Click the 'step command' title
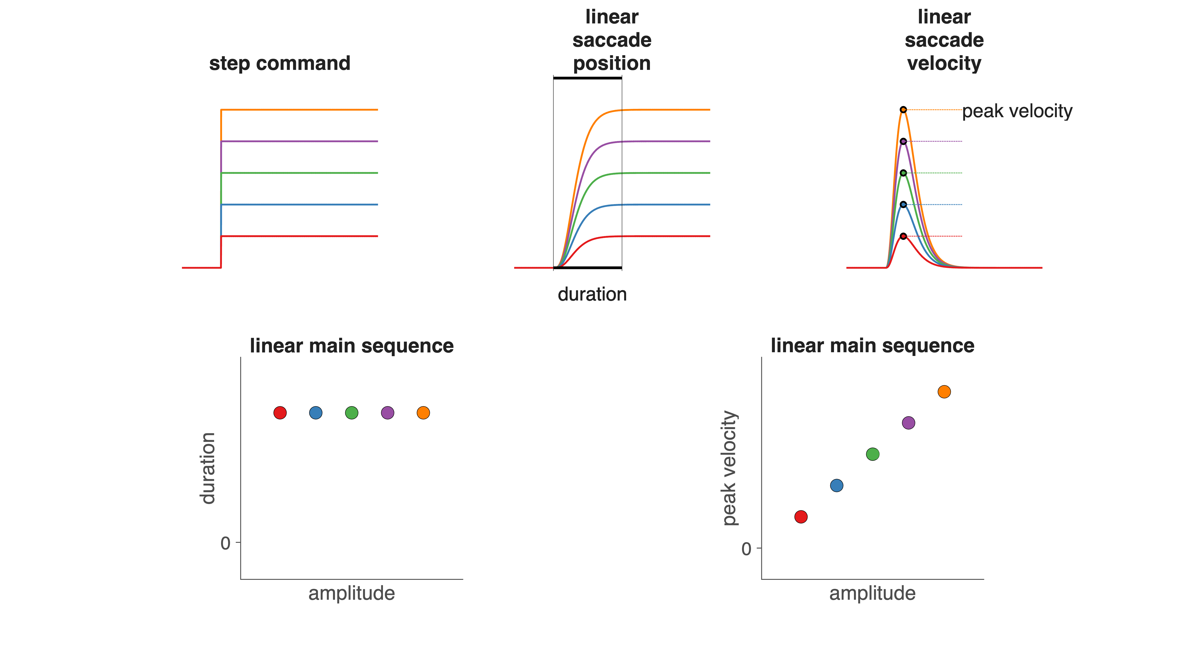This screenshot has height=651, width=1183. [x=280, y=63]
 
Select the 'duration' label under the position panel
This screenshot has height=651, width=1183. [x=592, y=294]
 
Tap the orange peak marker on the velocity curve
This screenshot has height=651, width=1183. [x=903, y=110]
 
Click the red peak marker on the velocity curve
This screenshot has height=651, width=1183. [x=903, y=236]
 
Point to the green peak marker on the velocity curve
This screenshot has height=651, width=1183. [x=903, y=173]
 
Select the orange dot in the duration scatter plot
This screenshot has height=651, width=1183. [x=423, y=413]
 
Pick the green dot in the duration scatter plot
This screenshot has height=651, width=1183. [x=351, y=413]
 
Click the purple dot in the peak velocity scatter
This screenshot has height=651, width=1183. [x=908, y=423]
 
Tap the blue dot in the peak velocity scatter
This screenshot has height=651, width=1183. [x=837, y=485]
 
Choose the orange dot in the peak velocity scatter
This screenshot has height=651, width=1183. [x=944, y=392]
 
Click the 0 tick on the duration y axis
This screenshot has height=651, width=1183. [x=225, y=543]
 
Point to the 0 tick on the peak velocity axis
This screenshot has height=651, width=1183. [x=746, y=549]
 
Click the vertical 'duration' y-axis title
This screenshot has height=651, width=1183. [x=208, y=468]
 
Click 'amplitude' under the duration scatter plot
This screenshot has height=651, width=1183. [x=351, y=593]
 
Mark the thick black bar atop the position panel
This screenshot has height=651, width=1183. [x=587, y=78]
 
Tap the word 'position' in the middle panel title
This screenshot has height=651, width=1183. [x=612, y=63]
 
